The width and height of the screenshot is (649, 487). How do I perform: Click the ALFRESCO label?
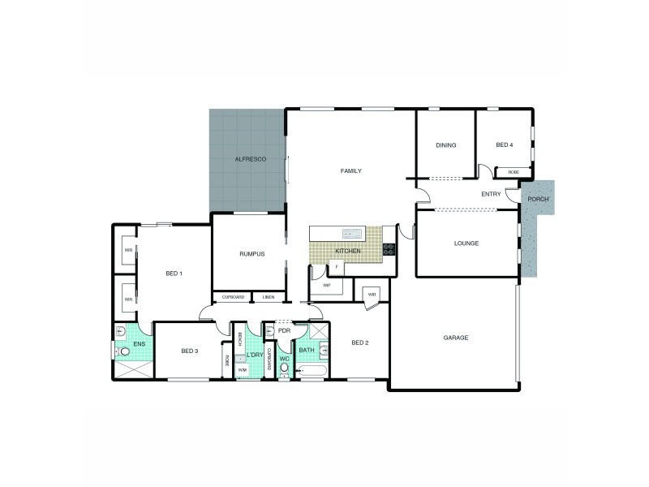click(x=246, y=161)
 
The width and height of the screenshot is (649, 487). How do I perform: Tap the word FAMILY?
click(x=350, y=170)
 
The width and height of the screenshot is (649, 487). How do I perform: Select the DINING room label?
click(x=445, y=145)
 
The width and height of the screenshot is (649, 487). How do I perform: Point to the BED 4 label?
click(x=505, y=145)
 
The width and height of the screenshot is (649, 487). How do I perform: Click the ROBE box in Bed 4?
click(x=514, y=172)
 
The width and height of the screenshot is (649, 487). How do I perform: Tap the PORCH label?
click(x=538, y=199)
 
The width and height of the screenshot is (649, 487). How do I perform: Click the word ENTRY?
click(x=490, y=194)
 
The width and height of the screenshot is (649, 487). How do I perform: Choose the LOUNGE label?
click(x=466, y=243)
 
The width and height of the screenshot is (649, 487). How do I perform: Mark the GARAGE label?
click(x=456, y=337)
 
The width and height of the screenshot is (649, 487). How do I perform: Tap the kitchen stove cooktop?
click(x=389, y=249)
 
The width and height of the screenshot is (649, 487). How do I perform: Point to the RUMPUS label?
click(x=252, y=253)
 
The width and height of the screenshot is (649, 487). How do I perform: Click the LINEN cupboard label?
click(x=269, y=297)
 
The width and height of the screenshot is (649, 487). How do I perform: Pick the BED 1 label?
click(x=174, y=274)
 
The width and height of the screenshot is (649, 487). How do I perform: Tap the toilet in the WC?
click(x=283, y=368)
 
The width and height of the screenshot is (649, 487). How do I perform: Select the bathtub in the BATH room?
click(x=312, y=372)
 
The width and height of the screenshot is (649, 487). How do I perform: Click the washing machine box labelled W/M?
click(x=242, y=370)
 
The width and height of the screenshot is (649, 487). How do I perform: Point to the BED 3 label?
click(x=189, y=351)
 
